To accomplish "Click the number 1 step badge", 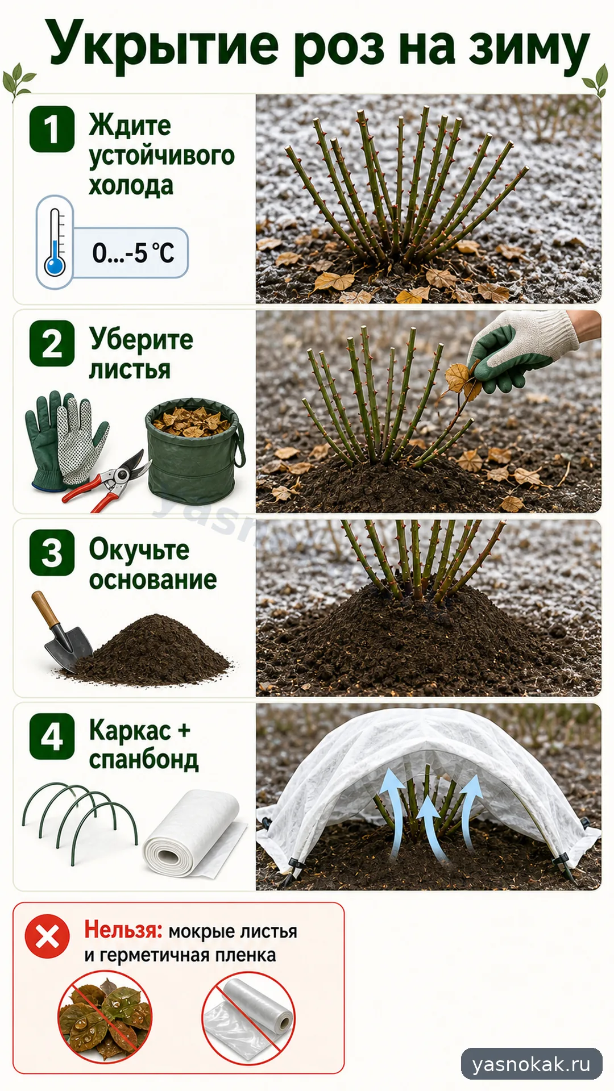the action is tap(52, 128).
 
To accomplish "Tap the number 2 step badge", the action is tap(52, 343).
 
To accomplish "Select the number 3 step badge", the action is tap(52, 552).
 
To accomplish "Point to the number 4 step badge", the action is tap(52, 736).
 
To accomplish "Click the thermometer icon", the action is tap(55, 242).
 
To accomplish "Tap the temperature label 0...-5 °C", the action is tap(133, 253).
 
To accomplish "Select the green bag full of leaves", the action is tap(195, 449).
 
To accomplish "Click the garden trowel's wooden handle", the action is tap(45, 609).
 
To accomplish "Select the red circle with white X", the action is tap(47, 936).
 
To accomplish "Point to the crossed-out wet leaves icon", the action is tap(105, 1018).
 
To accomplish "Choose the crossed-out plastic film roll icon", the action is tap(249, 1018).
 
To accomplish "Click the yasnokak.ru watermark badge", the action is tap(532, 1064).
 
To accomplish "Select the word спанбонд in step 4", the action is tap(144, 760).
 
